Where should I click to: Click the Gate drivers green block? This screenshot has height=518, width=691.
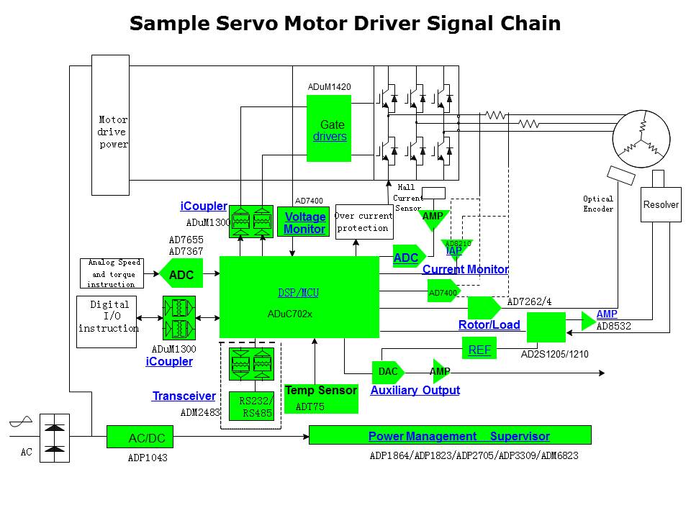(x=329, y=128)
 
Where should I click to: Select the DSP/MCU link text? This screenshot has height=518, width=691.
(x=298, y=293)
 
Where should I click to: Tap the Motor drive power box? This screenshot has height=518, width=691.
(x=110, y=125)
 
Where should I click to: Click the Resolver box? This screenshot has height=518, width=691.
(x=661, y=205)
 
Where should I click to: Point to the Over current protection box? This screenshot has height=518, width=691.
(x=363, y=222)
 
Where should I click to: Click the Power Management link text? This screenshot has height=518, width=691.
(x=422, y=436)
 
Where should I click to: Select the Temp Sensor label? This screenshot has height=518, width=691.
(x=320, y=391)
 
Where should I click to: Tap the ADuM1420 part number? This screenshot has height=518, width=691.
(x=329, y=87)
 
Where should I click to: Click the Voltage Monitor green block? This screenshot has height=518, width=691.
(x=304, y=223)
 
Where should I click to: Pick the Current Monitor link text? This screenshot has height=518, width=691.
(x=465, y=270)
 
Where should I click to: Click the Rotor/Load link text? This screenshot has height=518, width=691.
(x=489, y=325)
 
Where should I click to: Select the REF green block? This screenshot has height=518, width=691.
(x=479, y=350)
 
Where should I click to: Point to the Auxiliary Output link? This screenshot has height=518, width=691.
(x=415, y=391)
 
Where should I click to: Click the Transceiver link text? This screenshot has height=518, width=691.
(x=184, y=396)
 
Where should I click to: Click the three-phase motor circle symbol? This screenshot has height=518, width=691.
(x=641, y=138)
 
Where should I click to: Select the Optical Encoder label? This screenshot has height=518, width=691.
(x=598, y=204)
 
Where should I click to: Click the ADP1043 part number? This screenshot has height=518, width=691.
(x=147, y=457)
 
